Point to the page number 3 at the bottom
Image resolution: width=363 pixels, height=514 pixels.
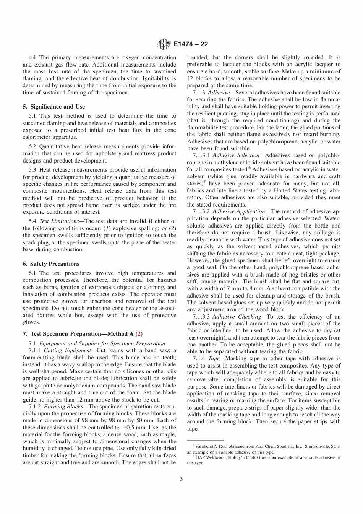pyautogui.click(x=181, y=479)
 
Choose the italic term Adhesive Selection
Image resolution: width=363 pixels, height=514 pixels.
pyautogui.click(x=235, y=155)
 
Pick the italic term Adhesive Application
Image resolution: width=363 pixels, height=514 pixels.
pyautogui.click(x=238, y=211)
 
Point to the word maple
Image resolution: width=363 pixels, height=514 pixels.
pyautogui.click(x=168, y=434)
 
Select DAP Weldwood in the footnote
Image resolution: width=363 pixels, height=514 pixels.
pyautogui.click(x=207, y=457)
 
